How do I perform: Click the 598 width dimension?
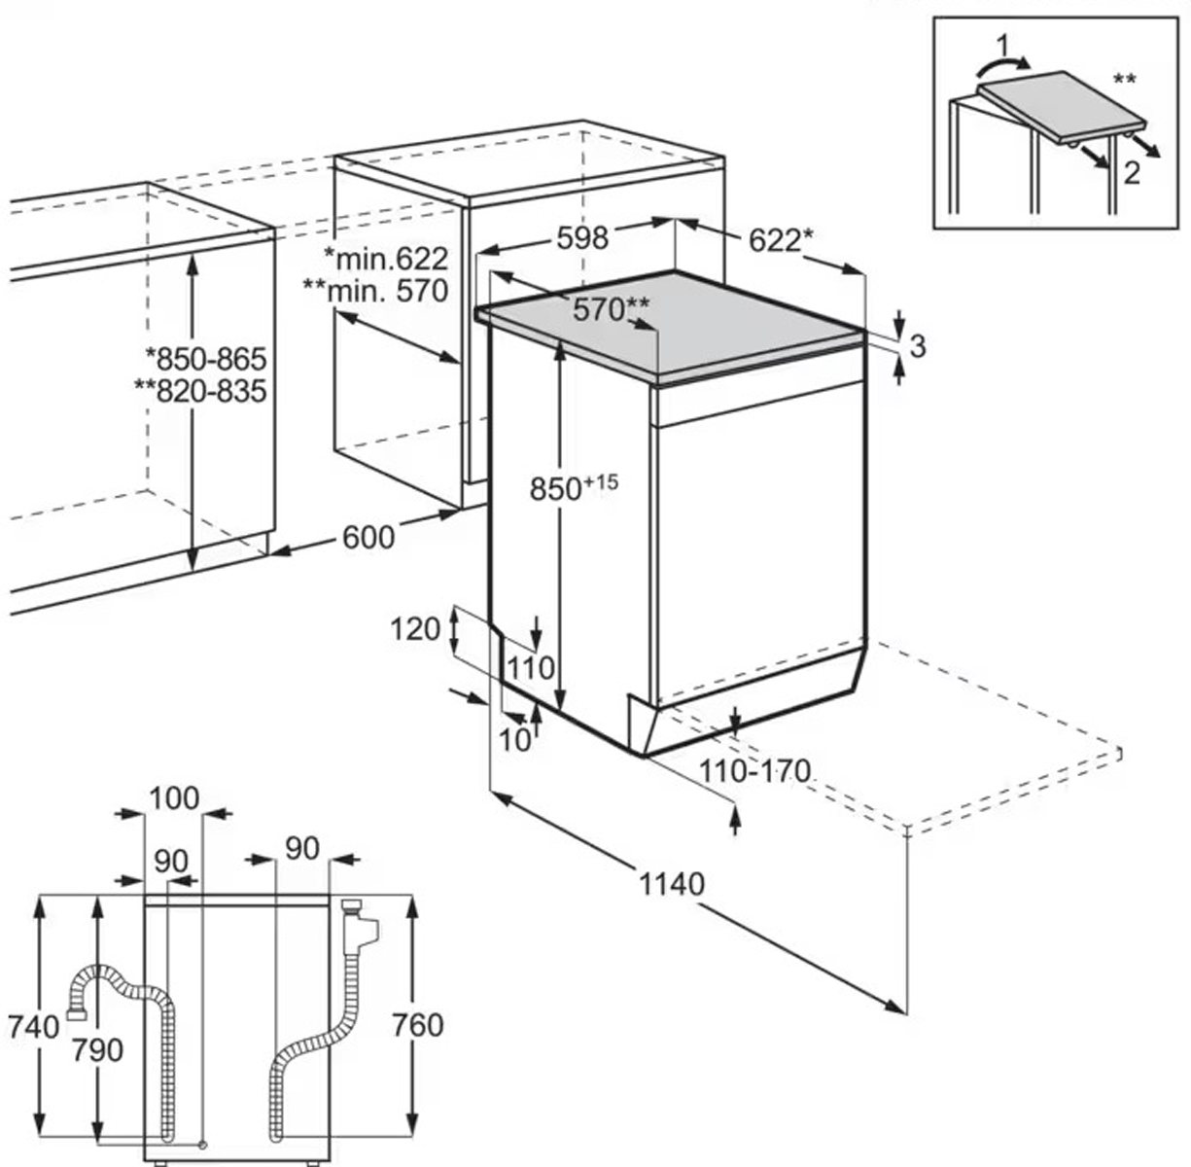pos(582,237)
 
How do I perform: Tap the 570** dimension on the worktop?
pos(611,308)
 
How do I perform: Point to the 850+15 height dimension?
pos(574,487)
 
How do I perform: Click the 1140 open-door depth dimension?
pos(671,884)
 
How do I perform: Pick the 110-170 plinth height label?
pos(754,770)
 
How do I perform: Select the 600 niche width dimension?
pos(368,538)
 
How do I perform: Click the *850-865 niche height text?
pos(206,359)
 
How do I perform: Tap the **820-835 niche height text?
pos(201,391)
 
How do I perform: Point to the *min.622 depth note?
pos(386,259)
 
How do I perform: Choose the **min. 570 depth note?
pos(375,291)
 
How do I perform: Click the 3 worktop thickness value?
pos(918,346)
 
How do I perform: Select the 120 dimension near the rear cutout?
pos(415,629)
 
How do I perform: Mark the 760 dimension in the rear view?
pos(418,1025)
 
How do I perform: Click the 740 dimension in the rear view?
pos(33,1027)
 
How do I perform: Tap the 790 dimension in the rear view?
pos(97,1050)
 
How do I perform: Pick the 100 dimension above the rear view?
pos(174,798)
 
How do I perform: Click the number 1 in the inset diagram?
pos(1002,47)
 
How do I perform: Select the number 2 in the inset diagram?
pos(1131,173)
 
